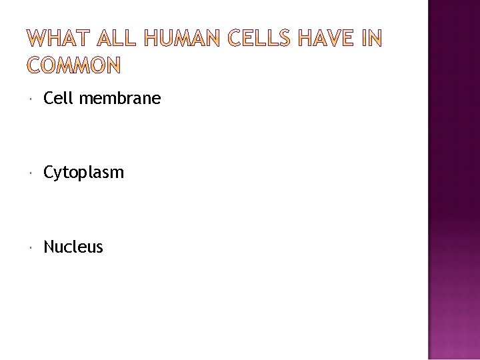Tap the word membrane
tap(119, 99)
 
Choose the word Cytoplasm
tap(83, 173)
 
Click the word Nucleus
tap(73, 247)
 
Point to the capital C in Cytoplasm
tap(49, 173)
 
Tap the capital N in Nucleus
tap(49, 247)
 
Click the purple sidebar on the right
tap(453, 180)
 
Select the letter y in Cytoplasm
tap(58, 175)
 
